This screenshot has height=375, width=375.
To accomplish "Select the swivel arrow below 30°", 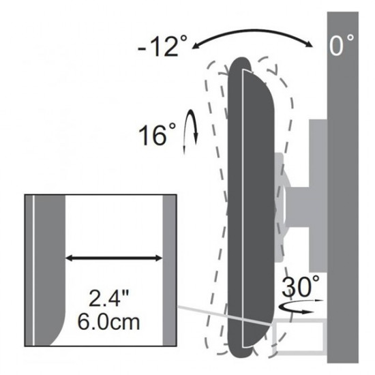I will coord(301,307).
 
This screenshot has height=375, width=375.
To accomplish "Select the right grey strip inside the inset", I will coord(168,273).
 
